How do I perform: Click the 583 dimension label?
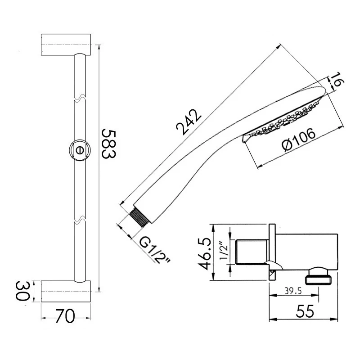click(109, 144)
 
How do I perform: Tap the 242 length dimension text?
click(189, 122)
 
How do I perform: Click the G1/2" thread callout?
click(155, 250)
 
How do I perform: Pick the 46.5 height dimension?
click(205, 253)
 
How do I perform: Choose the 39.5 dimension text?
click(293, 291)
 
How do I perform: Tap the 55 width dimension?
click(305, 311)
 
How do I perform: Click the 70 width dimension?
click(65, 316)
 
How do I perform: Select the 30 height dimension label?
click(23, 291)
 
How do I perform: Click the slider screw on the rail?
click(80, 150)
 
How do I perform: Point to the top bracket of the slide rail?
click(66, 45)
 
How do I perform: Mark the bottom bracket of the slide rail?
click(66, 292)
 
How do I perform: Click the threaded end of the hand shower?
click(139, 217)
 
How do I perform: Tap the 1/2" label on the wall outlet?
click(223, 251)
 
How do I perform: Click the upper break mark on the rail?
click(80, 98)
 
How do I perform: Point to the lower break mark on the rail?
click(80, 219)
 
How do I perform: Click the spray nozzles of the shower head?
click(285, 120)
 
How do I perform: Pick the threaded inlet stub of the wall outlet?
click(252, 252)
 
